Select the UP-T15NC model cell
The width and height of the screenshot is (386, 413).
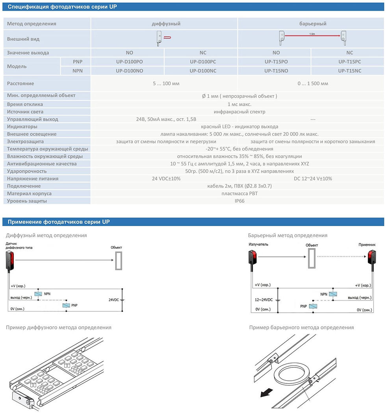tap(349, 71)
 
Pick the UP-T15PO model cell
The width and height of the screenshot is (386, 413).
tap(276, 61)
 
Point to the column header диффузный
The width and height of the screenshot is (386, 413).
tap(166, 24)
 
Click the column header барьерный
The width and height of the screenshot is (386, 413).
tap(313, 24)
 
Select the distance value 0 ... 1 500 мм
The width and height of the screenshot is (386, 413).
tap(313, 83)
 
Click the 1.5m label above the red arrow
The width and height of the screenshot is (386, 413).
tap(312, 34)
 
